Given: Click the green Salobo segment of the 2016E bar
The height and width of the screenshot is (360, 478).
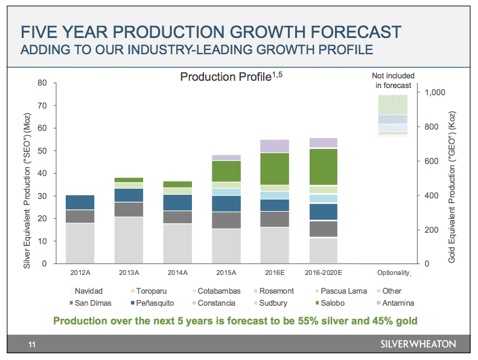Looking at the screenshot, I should [x=274, y=169].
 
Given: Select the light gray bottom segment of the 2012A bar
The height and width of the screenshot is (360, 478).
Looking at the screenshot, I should [x=80, y=243].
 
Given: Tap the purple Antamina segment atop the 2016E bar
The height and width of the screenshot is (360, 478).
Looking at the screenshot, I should [x=274, y=146].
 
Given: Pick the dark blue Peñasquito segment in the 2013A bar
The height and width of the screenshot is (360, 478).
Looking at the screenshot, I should [x=129, y=195].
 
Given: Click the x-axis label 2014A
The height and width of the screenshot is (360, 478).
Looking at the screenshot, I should [x=177, y=273].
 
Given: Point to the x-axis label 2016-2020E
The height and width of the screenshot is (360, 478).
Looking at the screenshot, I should [x=323, y=273].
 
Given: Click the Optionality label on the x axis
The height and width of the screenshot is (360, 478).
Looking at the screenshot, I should [x=393, y=273].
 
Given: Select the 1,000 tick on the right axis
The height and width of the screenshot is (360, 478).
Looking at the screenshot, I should [x=435, y=92].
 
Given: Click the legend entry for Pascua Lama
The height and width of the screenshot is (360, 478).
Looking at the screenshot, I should [x=342, y=291].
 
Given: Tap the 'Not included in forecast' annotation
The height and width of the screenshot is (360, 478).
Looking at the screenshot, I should [x=393, y=80].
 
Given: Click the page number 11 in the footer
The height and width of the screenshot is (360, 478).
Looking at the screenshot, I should [x=32, y=344].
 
